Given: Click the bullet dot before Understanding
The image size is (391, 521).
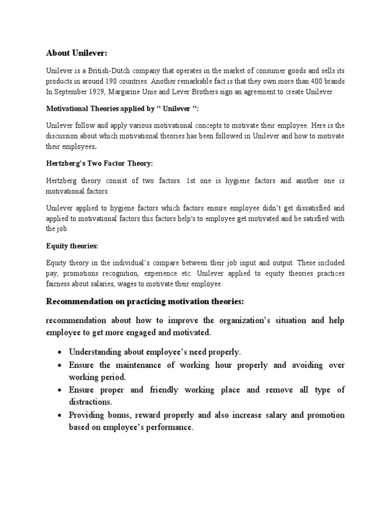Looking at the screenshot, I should coord(60,352).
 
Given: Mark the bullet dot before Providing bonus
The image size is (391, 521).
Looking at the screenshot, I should coord(60,415).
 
